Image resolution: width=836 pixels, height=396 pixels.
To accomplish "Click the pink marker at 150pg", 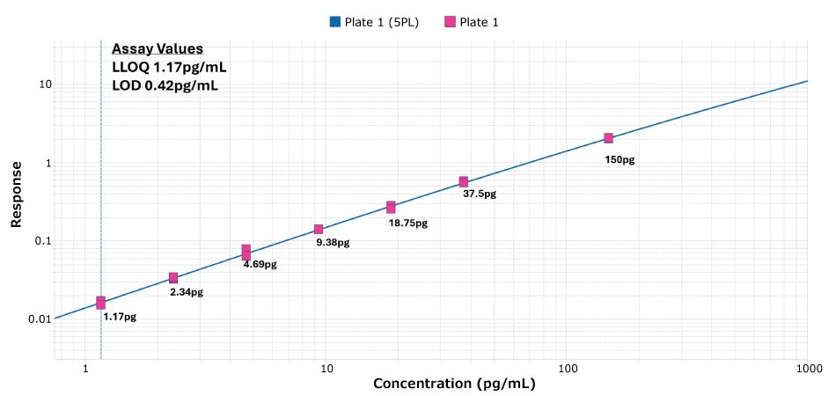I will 608,138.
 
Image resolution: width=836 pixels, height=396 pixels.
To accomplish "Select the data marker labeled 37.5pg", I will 464,182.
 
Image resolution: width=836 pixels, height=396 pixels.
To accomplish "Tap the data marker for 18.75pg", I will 391,207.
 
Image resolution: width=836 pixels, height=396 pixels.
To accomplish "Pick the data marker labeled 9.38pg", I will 319,230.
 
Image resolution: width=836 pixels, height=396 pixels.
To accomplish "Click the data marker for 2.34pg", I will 173,278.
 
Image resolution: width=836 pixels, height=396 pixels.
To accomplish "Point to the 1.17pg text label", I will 120,317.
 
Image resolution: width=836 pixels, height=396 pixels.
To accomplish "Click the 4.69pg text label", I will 260,264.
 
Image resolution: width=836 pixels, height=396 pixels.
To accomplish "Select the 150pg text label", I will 620,160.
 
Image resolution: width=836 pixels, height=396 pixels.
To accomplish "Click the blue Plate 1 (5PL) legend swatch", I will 335,22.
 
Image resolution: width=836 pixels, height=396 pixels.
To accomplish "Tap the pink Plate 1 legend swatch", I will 450,22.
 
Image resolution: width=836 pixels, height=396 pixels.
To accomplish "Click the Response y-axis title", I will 16,194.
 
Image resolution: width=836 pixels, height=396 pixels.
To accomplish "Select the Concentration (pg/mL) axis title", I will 454,384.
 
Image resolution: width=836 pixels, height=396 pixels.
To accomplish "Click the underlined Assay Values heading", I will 158,48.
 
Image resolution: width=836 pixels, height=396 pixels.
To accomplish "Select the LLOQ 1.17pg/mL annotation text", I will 170,67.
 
